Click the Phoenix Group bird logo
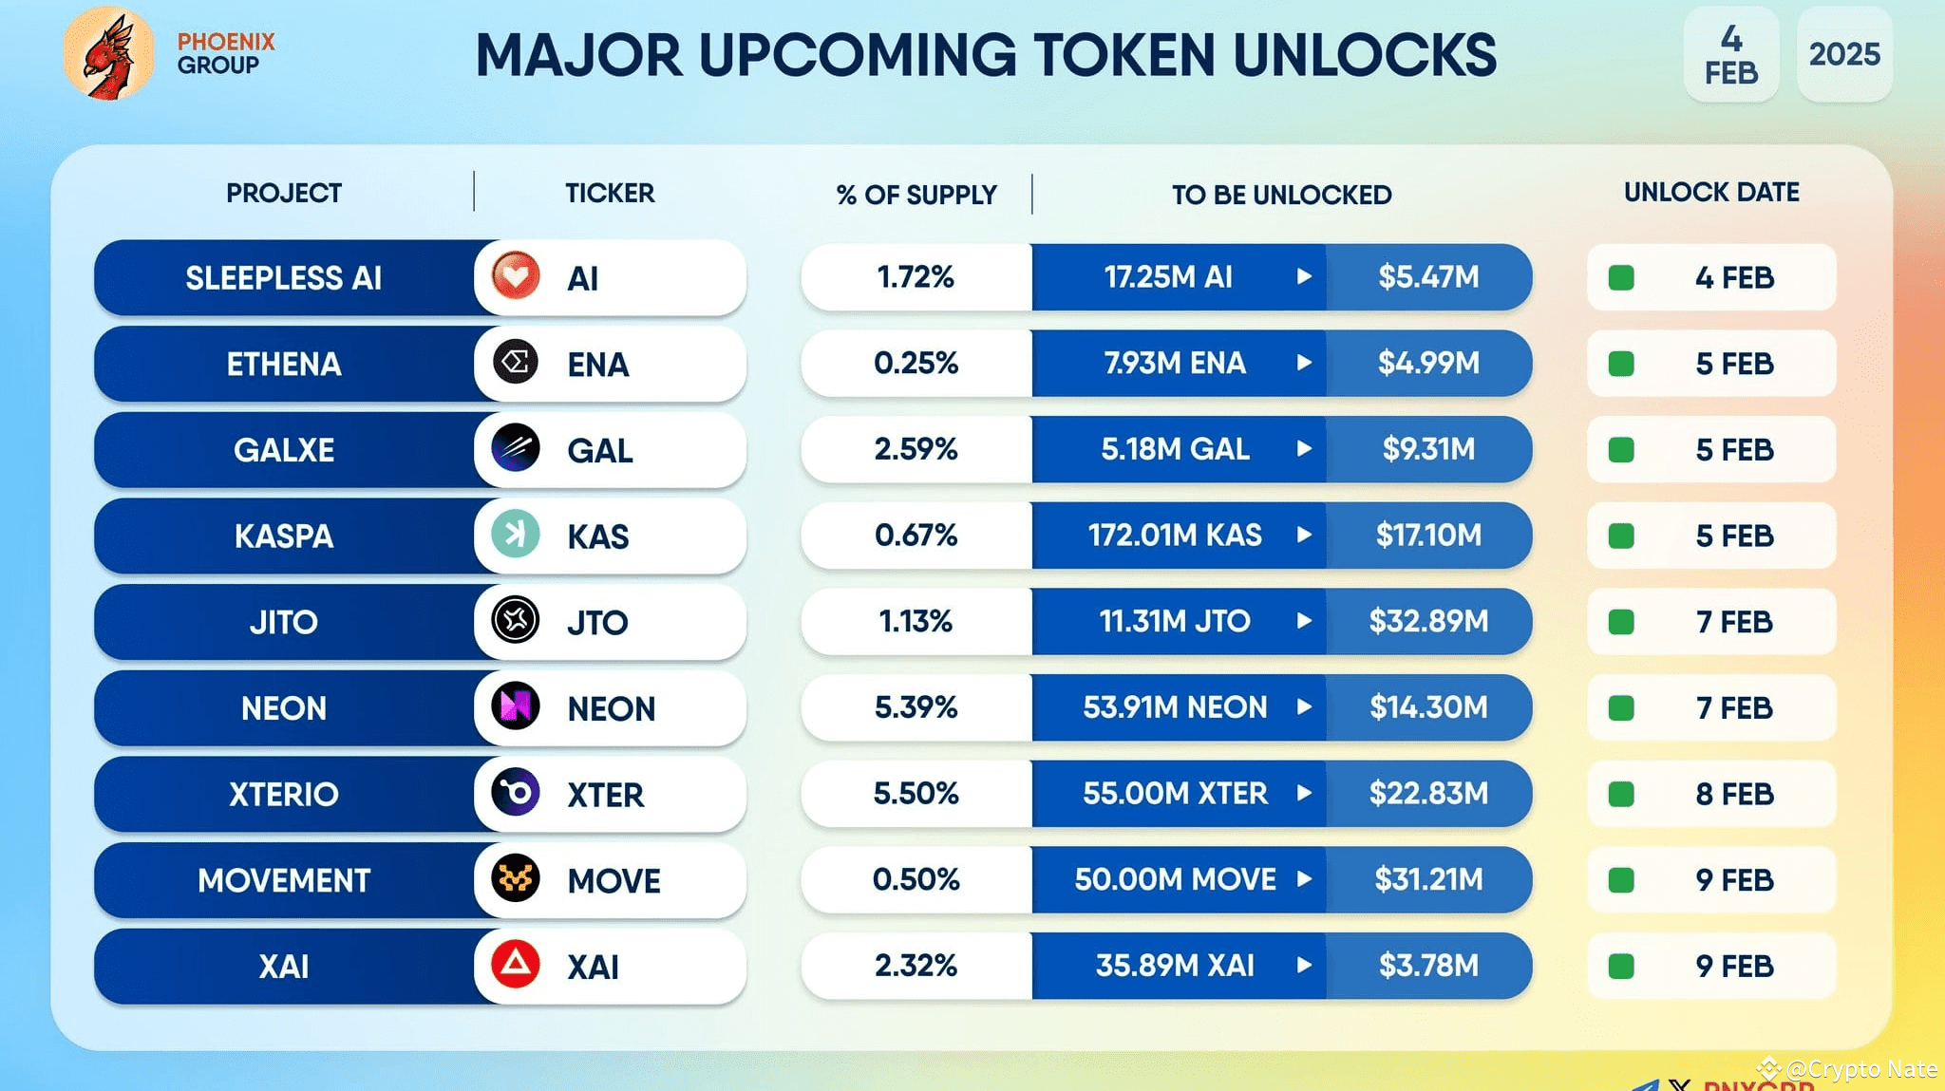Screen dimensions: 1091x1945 coord(108,54)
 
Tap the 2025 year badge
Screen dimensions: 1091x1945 coord(1843,54)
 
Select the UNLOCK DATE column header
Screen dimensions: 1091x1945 coord(1710,192)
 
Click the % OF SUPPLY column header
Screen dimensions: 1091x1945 coord(916,195)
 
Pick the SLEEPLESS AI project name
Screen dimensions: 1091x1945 coord(283,278)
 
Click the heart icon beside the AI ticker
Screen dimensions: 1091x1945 coord(516,276)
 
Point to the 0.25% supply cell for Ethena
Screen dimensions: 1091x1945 coord(916,363)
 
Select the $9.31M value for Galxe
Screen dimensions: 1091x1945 coord(1428,448)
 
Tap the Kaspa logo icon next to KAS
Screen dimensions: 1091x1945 coord(516,535)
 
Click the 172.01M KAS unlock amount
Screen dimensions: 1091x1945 coord(1175,536)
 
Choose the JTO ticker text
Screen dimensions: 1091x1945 coord(597,623)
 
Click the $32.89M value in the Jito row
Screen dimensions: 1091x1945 coord(1428,621)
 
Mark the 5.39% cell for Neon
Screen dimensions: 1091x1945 coord(916,707)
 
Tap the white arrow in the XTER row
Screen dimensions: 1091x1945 coord(1304,793)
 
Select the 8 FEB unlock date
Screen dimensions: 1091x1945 coord(1733,794)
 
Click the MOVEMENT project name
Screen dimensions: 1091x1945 coord(283,880)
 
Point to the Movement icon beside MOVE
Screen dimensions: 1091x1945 coord(516,878)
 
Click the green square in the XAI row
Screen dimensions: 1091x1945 coord(1621,967)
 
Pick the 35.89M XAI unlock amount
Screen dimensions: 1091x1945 coord(1175,966)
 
